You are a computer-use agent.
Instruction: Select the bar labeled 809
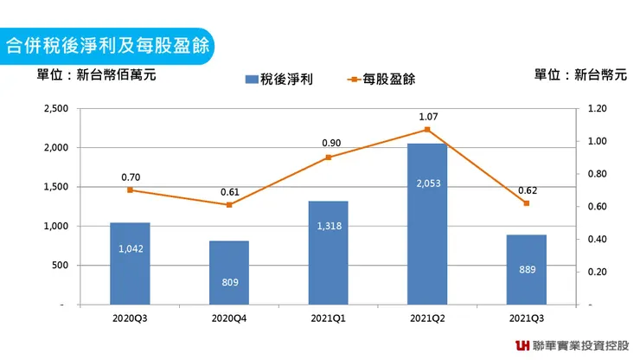pos(229,273)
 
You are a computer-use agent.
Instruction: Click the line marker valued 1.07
pos(427,130)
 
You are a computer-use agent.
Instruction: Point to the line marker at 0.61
pos(229,205)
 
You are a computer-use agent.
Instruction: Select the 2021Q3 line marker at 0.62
pos(526,203)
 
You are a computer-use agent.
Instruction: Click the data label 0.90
pos(328,143)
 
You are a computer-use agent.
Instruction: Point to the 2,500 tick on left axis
pos(54,108)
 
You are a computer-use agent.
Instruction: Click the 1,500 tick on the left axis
pos(54,187)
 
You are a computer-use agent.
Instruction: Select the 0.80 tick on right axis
pos(598,174)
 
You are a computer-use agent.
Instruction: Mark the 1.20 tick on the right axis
pos(598,108)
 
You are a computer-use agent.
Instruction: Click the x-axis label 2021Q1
pos(328,318)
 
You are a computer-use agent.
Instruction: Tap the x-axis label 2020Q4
pos(229,318)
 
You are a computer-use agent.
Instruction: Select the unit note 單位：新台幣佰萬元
pos(96,74)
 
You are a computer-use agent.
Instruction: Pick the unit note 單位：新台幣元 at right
pos(580,74)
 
